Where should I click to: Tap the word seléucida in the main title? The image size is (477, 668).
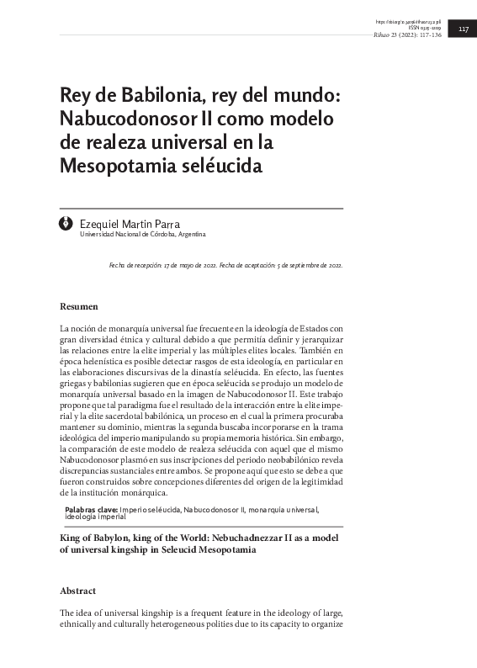click(223, 165)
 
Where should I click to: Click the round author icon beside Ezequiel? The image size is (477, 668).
click(67, 225)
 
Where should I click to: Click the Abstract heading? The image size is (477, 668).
click(78, 591)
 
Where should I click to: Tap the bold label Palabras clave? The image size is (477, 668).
click(92, 509)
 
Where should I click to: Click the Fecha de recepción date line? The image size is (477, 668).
click(162, 264)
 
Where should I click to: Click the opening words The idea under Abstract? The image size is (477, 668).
click(77, 612)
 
